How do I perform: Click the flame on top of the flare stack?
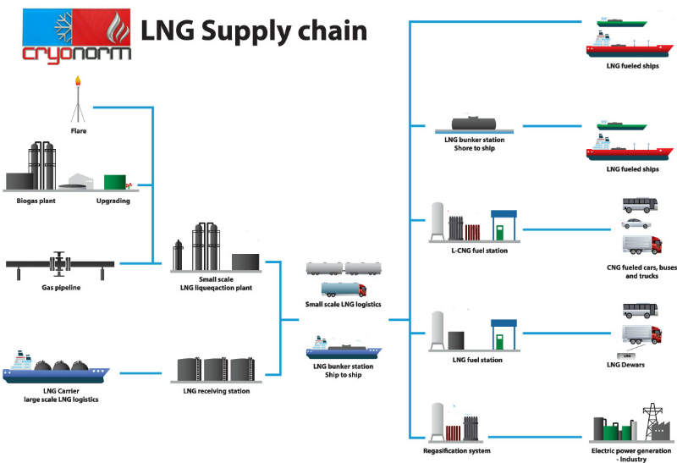tap(79, 81)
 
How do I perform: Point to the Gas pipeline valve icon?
tap(59, 263)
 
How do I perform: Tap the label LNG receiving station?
tap(216, 391)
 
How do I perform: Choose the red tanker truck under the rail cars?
tap(343, 289)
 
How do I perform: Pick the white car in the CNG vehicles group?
tap(636, 224)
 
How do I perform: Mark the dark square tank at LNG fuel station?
tap(457, 339)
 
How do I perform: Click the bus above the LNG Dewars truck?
tap(637, 309)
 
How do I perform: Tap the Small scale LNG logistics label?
tap(343, 304)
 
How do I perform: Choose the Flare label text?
tap(79, 131)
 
